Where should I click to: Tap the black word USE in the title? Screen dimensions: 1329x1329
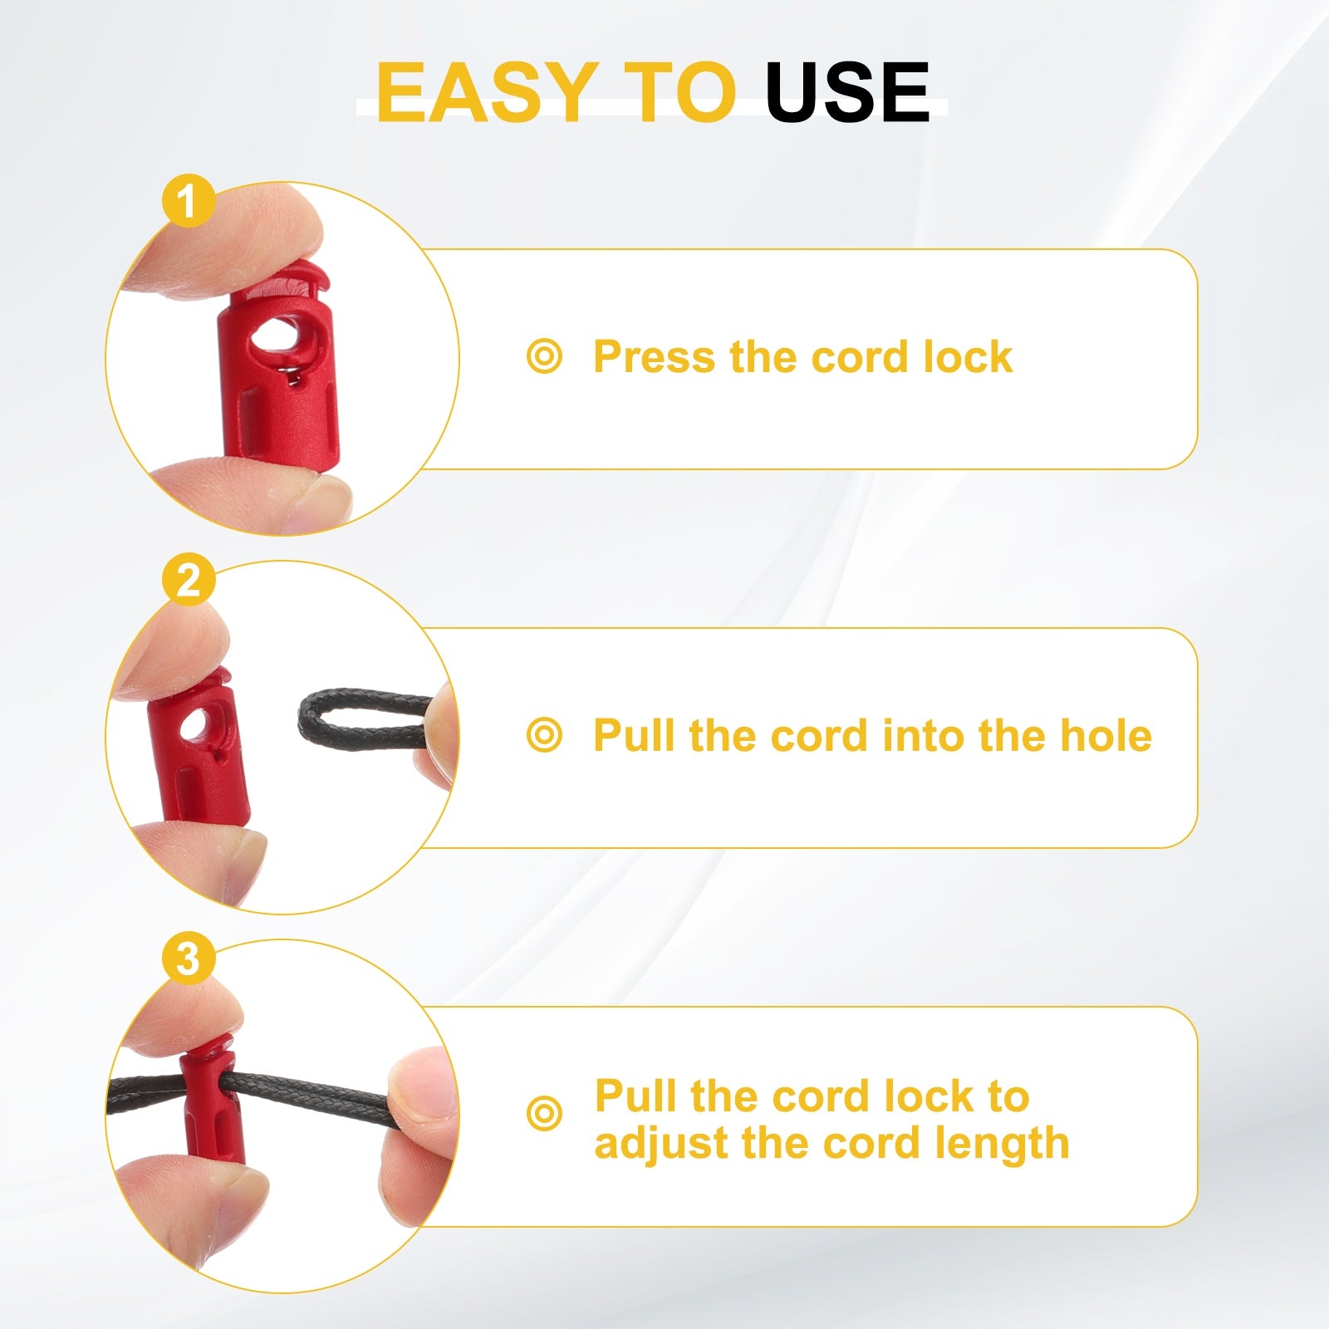pos(847,92)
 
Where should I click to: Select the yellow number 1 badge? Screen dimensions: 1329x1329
pos(189,200)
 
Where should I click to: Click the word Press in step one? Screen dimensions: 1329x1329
pos(654,357)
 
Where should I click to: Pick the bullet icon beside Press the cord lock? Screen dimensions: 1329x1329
pos(544,357)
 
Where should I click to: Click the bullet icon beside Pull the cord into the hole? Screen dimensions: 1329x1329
pos(544,736)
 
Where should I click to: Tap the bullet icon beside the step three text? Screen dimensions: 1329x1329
pos(544,1113)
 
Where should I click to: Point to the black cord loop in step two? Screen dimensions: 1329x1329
pos(365,719)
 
